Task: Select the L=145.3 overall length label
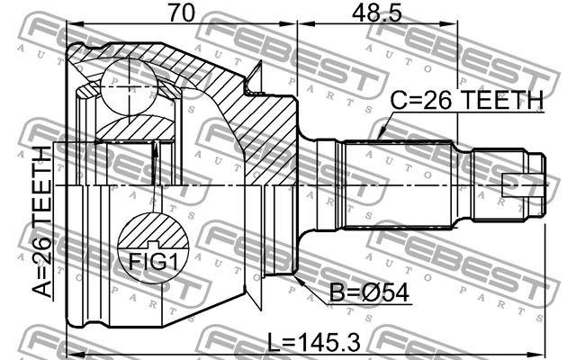pyautogui.click(x=313, y=342)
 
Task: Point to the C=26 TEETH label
pyautogui.click(x=466, y=100)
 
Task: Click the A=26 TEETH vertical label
pyautogui.click(x=41, y=221)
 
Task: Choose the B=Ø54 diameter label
pyautogui.click(x=369, y=292)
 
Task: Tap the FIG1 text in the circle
pyautogui.click(x=153, y=262)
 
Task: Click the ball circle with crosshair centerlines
pyautogui.click(x=130, y=86)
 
